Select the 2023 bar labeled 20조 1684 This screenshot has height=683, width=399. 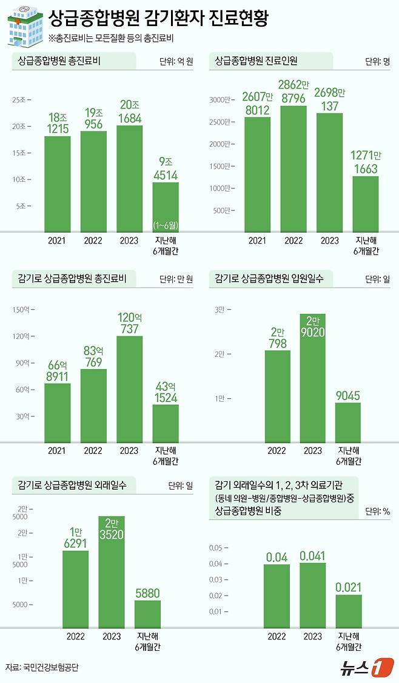click(x=129, y=178)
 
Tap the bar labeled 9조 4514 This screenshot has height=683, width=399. click(x=166, y=207)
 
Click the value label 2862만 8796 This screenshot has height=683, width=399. click(x=293, y=91)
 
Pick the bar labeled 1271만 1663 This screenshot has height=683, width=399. click(x=366, y=204)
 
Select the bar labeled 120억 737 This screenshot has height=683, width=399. click(x=129, y=388)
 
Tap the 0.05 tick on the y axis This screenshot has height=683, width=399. click(x=217, y=548)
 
